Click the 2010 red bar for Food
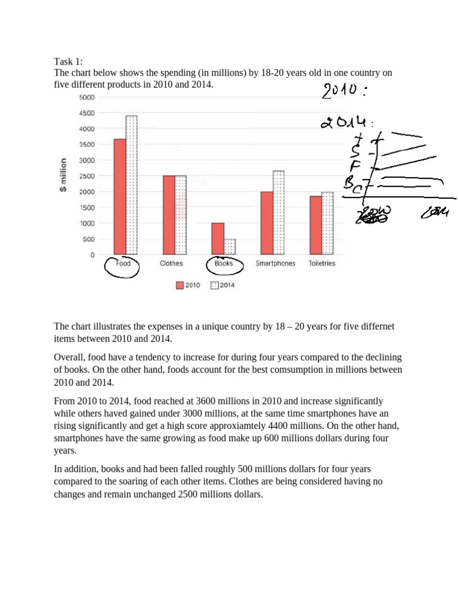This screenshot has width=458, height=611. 120,197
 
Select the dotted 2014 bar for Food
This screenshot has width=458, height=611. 132,185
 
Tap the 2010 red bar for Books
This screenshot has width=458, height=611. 218,239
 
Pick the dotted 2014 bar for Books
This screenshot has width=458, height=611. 230,247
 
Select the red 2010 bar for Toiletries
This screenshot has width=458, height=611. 315,225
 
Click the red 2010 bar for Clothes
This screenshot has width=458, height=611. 169,215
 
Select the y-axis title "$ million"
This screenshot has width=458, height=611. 63,175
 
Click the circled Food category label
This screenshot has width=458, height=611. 122,264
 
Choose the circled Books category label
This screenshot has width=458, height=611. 224,264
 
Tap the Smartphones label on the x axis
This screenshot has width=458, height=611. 275,264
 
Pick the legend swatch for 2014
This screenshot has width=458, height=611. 215,285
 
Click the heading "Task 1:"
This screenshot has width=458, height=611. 69,61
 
